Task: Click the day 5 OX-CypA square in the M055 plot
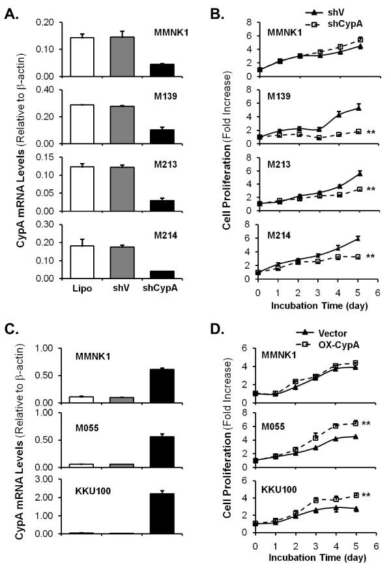click(x=355, y=423)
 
